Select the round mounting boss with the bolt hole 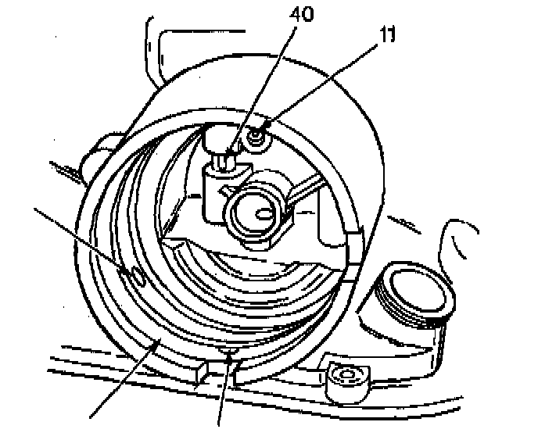point(344,377)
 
